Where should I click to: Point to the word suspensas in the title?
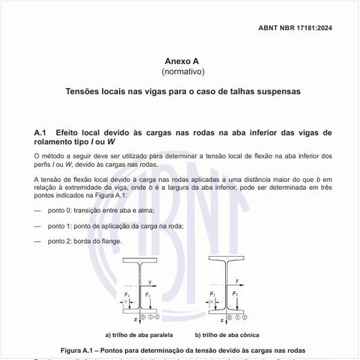click(279, 92)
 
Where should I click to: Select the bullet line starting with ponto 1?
click(115, 226)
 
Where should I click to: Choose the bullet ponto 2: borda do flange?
click(84, 241)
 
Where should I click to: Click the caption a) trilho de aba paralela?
click(139, 334)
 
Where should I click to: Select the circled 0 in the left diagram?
click(143, 317)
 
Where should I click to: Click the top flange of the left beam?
click(138, 262)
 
